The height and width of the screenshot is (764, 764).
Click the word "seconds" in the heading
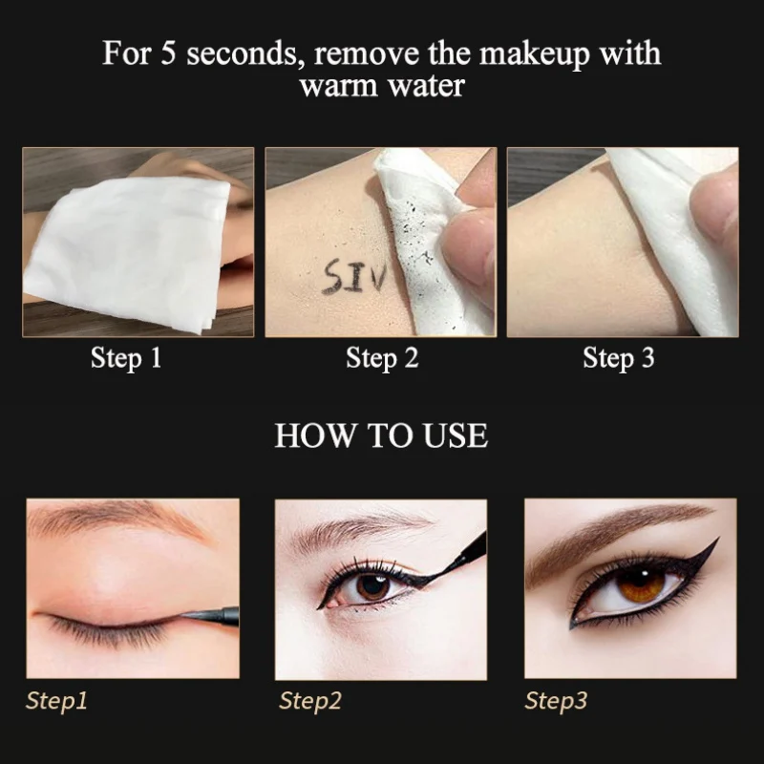tap(233, 53)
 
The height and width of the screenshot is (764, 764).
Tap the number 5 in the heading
tap(170, 53)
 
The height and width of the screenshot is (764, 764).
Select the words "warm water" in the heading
tap(382, 85)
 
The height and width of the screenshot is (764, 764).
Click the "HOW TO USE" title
tap(381, 436)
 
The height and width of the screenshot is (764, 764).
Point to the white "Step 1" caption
tap(126, 359)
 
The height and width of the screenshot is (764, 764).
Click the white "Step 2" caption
tap(382, 359)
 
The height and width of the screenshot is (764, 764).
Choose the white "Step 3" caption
tap(619, 359)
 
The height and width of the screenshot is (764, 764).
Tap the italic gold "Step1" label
tap(56, 701)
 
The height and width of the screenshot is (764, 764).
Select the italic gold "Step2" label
tap(309, 701)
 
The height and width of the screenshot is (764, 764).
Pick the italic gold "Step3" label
tap(556, 701)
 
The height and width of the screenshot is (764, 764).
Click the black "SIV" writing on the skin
tap(354, 278)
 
